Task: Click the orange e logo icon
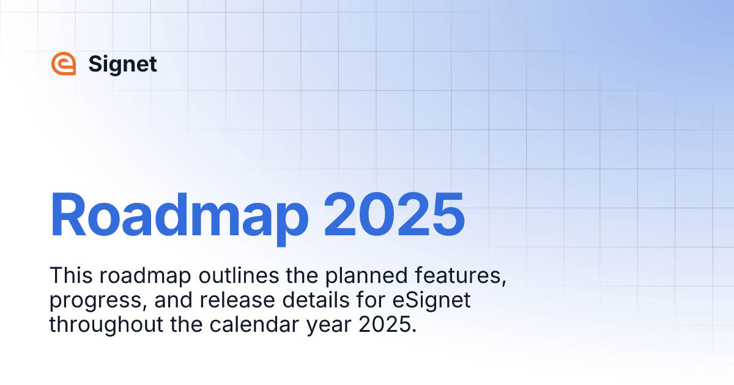pyautogui.click(x=64, y=64)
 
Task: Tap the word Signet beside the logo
pyautogui.click(x=122, y=64)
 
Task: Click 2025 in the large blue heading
pyautogui.click(x=394, y=215)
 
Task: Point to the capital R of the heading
pyautogui.click(x=70, y=215)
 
